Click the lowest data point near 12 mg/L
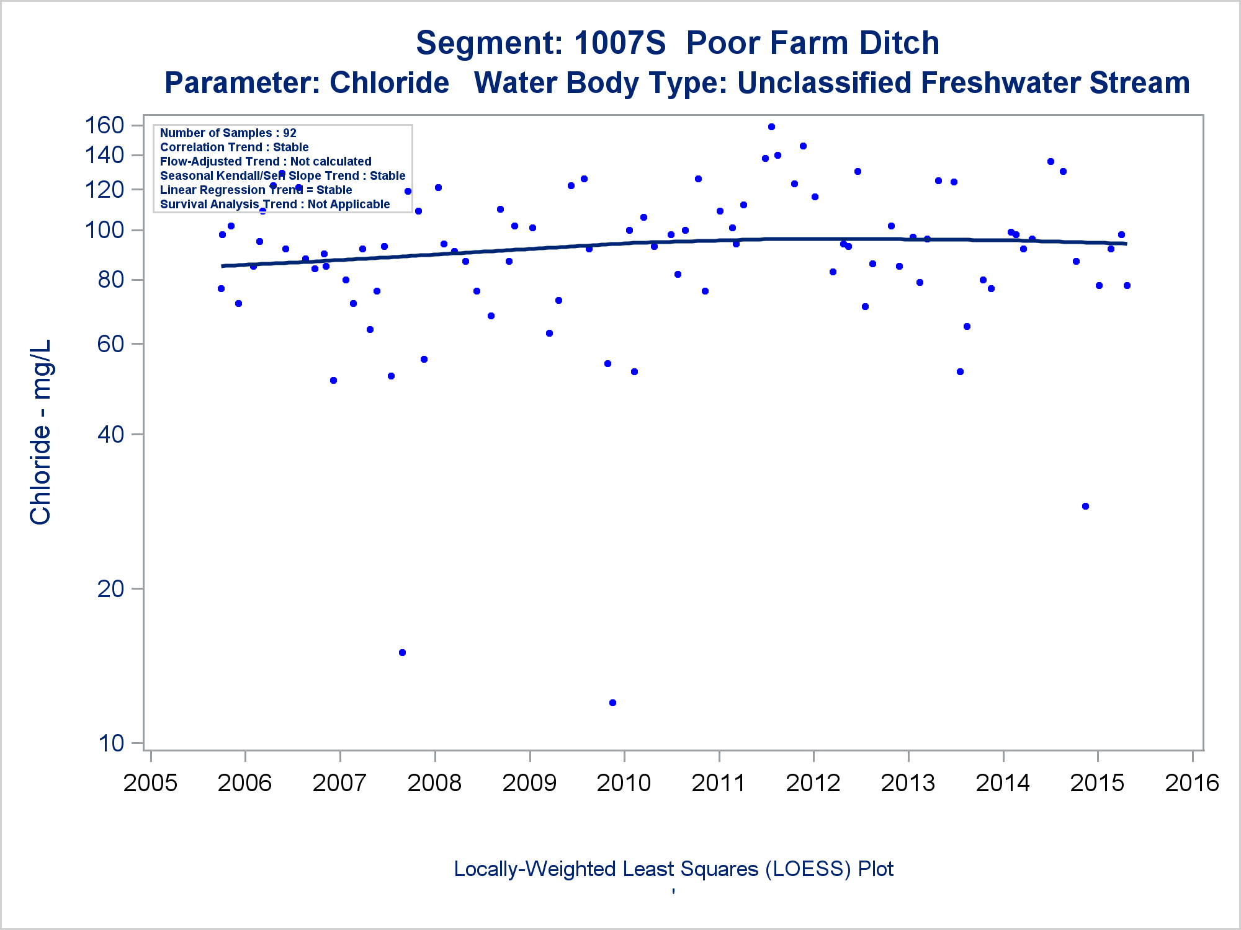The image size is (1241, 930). click(x=612, y=702)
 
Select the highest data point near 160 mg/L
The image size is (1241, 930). click(x=771, y=126)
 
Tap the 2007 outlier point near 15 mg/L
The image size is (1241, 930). click(x=402, y=652)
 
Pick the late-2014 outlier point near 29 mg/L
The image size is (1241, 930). click(x=1085, y=506)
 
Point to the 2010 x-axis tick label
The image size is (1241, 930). click(x=624, y=782)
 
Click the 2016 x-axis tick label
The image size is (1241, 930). click(x=1192, y=782)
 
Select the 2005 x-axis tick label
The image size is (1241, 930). click(x=150, y=782)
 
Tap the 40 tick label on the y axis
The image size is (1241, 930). click(x=111, y=434)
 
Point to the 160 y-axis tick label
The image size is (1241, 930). click(x=104, y=125)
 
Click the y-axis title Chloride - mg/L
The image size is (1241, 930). click(x=41, y=432)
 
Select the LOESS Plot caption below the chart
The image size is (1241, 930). click(x=673, y=869)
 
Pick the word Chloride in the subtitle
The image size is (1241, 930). click(x=389, y=83)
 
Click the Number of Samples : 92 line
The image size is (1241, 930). click(x=228, y=133)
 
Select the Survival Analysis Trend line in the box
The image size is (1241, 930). click(x=275, y=204)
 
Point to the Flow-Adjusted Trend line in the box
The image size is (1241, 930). click(x=266, y=161)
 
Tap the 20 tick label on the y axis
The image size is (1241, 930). click(x=111, y=588)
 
